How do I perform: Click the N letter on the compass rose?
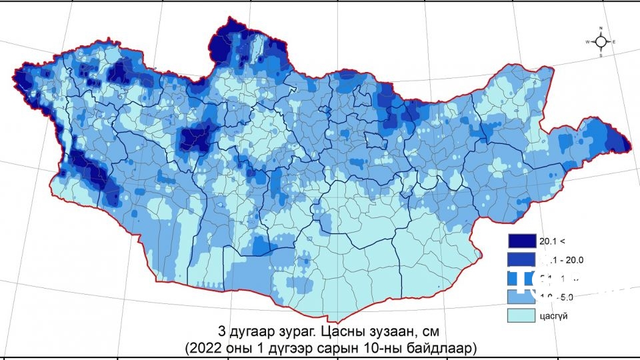(601, 28)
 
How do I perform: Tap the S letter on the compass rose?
(601, 56)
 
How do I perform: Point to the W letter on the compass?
(587, 42)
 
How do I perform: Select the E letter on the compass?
(614, 42)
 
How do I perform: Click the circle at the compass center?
(601, 42)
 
